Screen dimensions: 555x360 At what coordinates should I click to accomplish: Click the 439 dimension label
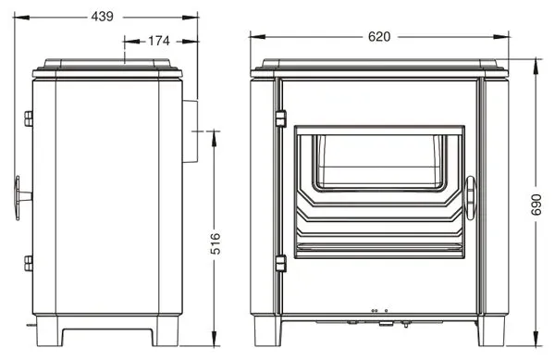103,17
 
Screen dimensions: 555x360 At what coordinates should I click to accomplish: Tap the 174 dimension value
159,41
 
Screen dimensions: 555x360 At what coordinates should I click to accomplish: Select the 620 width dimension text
379,36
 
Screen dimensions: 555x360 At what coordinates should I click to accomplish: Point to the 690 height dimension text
536,205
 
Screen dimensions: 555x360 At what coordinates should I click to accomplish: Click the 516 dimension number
216,243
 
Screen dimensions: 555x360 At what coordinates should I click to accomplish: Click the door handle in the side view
22,197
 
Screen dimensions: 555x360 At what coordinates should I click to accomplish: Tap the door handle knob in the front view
471,198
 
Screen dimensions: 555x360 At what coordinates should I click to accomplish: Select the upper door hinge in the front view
280,118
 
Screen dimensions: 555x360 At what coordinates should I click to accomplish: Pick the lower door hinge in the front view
280,264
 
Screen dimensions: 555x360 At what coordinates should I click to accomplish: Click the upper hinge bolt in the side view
29,119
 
